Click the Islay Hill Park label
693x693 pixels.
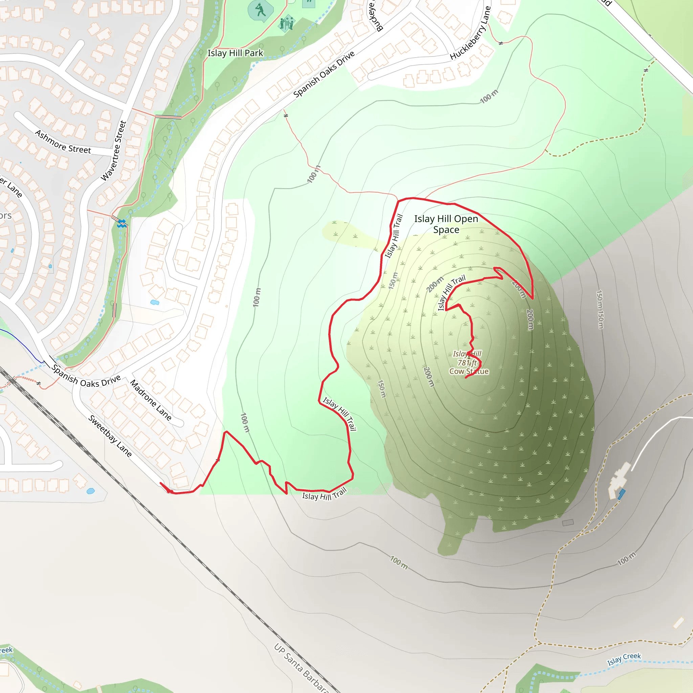(235, 53)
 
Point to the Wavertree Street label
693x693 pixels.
(114, 151)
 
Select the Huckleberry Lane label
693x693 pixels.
(470, 33)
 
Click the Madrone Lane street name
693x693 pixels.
(151, 400)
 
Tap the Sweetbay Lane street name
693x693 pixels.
(110, 436)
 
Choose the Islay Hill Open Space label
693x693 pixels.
(446, 224)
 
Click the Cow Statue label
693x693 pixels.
(469, 372)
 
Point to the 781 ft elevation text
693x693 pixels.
(467, 363)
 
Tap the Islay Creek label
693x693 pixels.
(624, 658)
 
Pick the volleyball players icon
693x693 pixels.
(287, 23)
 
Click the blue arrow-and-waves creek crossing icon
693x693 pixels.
(122, 223)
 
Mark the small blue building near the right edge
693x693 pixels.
(622, 494)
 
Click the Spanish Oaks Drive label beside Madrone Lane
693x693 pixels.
(86, 376)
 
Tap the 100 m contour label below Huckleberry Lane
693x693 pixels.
(489, 96)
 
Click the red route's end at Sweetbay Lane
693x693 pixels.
(161, 484)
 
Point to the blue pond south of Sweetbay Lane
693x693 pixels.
(91, 491)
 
